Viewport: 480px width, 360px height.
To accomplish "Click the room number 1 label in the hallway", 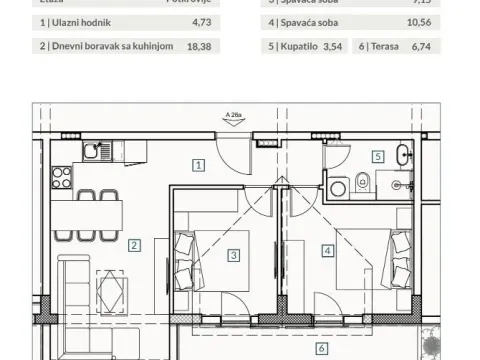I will click(199, 165).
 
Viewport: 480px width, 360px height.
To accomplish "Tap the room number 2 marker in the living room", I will click(133, 243).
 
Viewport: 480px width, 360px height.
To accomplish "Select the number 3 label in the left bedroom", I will click(233, 255).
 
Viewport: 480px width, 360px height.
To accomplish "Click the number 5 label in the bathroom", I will click(377, 156).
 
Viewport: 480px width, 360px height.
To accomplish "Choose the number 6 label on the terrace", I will click(320, 349).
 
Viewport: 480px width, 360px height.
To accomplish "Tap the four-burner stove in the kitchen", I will click(61, 178).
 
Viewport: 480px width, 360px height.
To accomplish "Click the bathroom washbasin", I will click(402, 155).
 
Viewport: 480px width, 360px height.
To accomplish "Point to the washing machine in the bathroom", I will click(337, 187).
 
